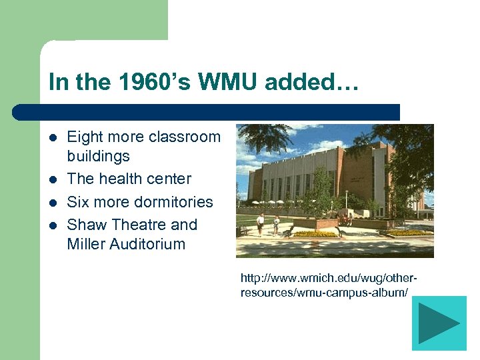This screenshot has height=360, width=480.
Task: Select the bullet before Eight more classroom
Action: point(53,138)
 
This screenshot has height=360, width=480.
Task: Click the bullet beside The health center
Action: point(53,180)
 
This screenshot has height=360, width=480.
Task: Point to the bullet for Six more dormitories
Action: point(53,203)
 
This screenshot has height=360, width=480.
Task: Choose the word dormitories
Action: point(175,202)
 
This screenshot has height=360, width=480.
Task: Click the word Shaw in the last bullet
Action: point(86,225)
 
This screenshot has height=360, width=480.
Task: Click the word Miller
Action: point(85,244)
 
